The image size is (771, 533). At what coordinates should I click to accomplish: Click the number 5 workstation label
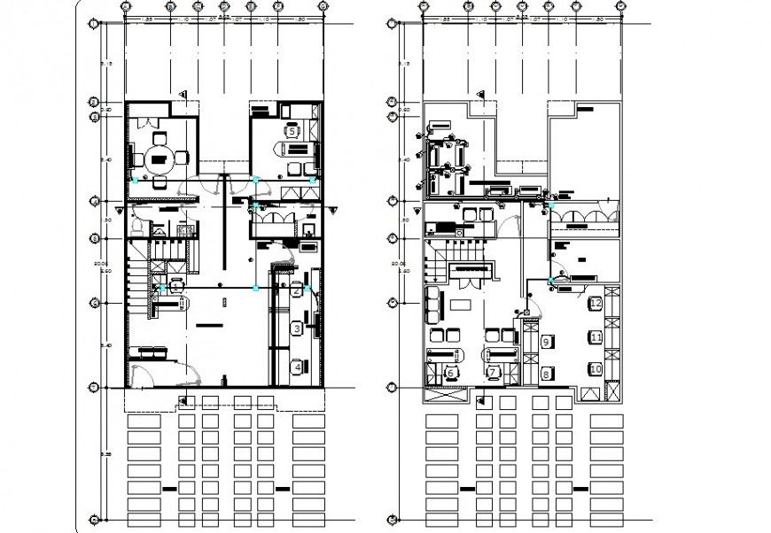pos(292,130)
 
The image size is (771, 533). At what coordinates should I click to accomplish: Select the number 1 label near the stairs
pos(176,286)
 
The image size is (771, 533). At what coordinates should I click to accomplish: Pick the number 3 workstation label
pos(296,328)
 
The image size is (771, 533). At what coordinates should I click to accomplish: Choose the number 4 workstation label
pos(298,365)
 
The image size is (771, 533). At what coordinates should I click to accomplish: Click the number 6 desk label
pos(451,373)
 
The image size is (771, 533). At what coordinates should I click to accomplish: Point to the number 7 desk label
pos(494,373)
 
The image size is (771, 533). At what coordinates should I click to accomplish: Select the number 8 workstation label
pos(546,375)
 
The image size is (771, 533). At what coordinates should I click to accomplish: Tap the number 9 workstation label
pos(547,341)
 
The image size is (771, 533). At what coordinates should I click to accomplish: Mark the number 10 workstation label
pos(596,367)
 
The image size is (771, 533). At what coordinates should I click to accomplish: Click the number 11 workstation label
pos(596,337)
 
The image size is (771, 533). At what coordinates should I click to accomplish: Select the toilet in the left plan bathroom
pos(136,228)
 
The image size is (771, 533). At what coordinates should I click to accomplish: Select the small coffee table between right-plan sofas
pos(460,304)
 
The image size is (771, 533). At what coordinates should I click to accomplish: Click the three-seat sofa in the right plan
pos(433,304)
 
